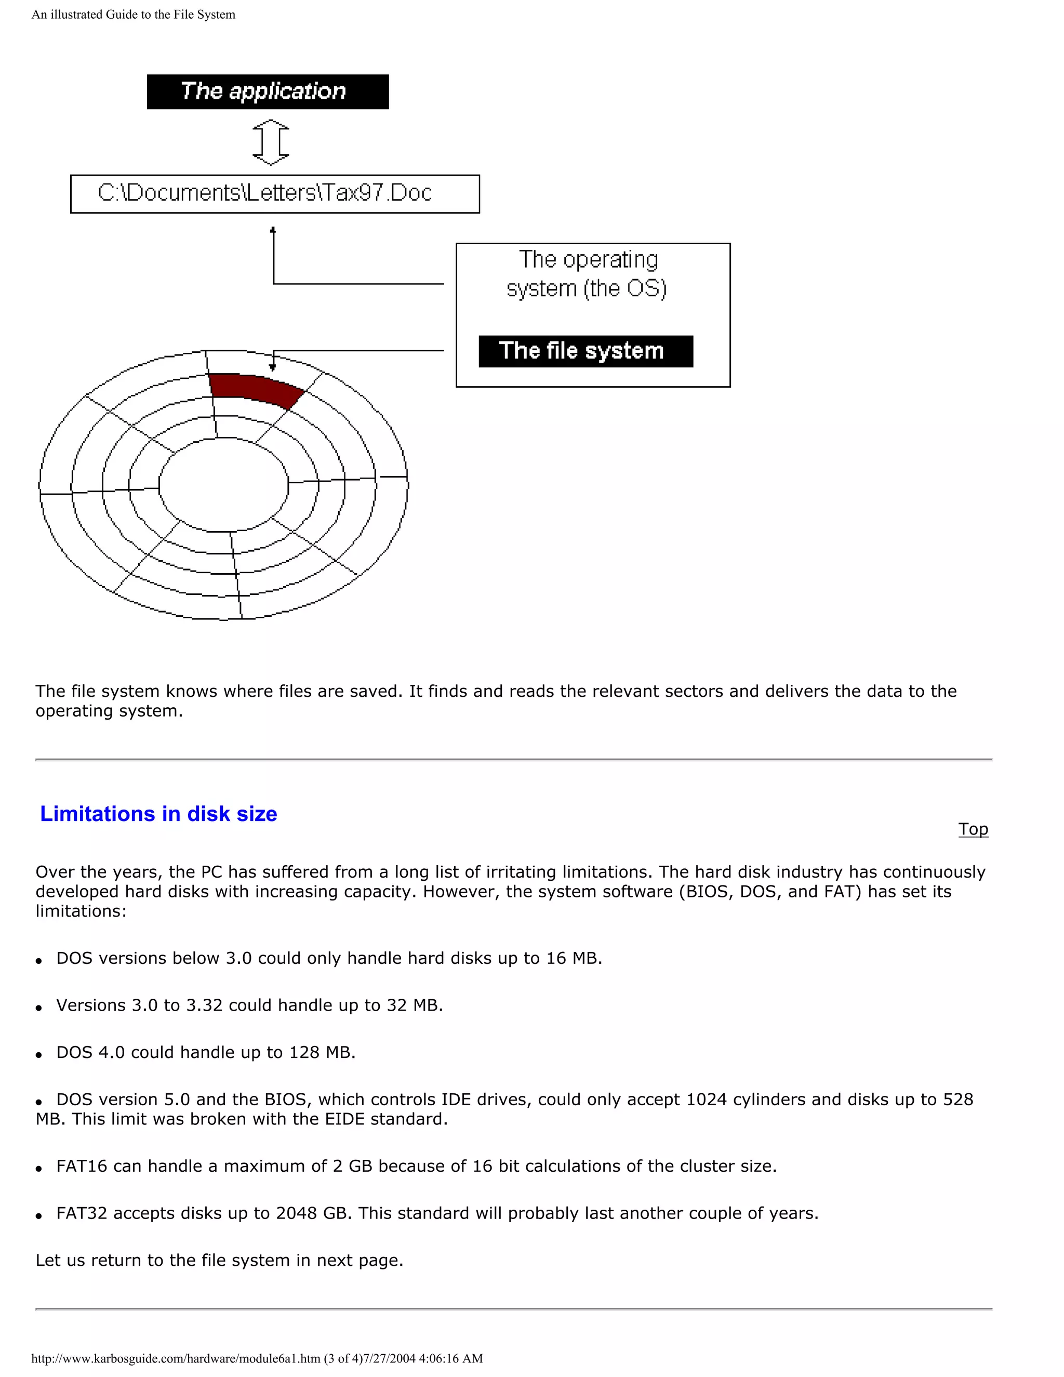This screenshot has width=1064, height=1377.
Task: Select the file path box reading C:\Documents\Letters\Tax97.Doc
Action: [275, 194]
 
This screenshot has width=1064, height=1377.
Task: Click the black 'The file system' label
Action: [586, 351]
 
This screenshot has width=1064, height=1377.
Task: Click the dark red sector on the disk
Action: [255, 388]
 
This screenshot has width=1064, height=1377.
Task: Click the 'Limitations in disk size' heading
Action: [158, 814]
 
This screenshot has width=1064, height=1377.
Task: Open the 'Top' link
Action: [973, 829]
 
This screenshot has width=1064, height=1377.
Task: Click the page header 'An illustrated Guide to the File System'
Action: [134, 15]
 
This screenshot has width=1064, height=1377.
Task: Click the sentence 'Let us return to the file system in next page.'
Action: [219, 1261]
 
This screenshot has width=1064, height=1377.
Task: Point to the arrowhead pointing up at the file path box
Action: [273, 231]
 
